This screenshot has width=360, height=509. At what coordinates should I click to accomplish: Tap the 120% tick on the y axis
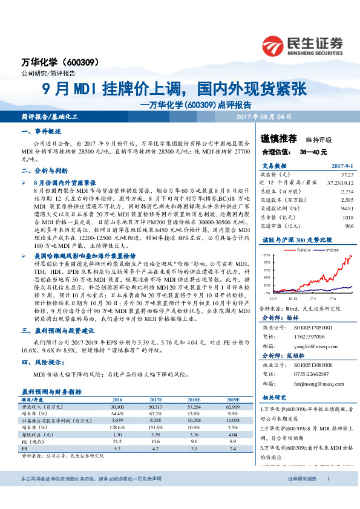(x=266, y=256)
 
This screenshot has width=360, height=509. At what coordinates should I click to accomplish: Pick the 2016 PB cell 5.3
(x=118, y=449)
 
